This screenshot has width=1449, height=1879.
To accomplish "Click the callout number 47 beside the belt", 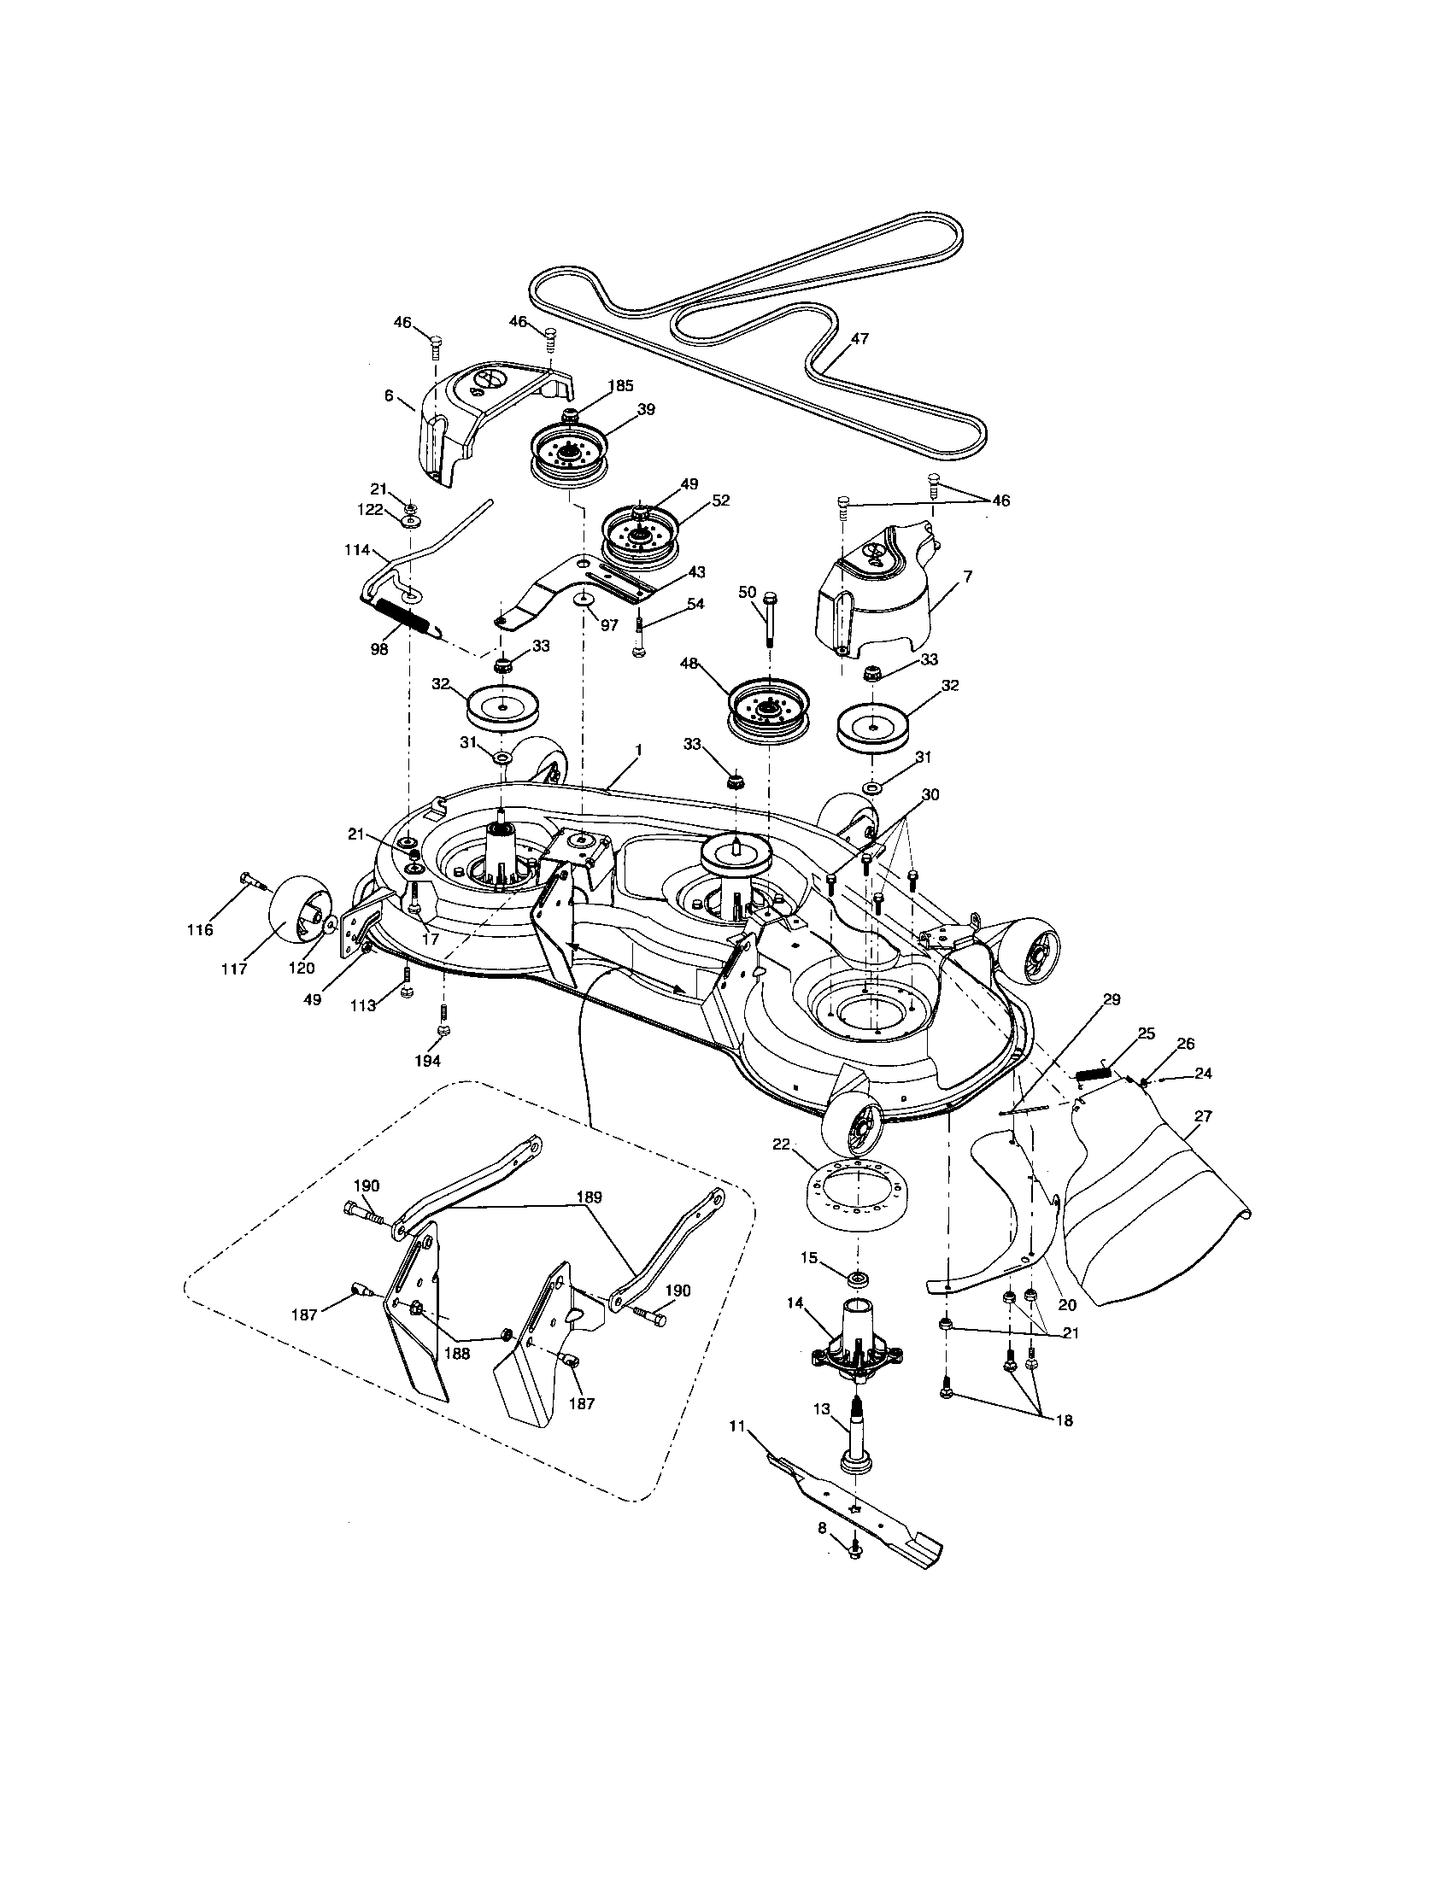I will (x=859, y=338).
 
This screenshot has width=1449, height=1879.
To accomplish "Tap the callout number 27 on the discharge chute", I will (x=1203, y=1116).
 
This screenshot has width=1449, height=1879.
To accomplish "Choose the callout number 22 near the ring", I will (x=780, y=1144).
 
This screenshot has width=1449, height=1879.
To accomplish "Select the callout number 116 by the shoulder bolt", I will (x=201, y=930).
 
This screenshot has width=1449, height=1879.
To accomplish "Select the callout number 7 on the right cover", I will (x=969, y=577).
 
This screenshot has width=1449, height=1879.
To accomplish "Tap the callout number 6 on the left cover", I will (x=388, y=395).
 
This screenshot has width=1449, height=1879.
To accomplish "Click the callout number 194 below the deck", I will (x=428, y=1061).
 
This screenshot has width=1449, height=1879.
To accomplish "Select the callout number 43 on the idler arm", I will (x=695, y=573).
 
